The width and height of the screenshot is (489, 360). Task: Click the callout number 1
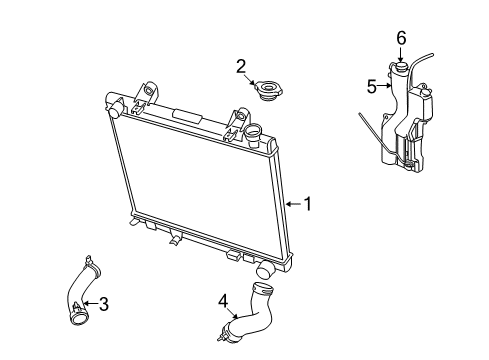click(x=308, y=204)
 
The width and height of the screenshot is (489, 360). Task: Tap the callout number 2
click(x=240, y=67)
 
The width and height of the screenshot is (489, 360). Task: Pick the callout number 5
click(x=371, y=87)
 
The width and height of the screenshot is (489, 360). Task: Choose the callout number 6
click(x=401, y=38)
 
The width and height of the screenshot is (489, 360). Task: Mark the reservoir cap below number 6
click(x=401, y=68)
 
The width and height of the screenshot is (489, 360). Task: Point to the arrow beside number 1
click(x=293, y=204)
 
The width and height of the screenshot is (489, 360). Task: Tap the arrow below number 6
click(x=401, y=54)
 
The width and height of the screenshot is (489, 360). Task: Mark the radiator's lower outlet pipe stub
click(x=265, y=271)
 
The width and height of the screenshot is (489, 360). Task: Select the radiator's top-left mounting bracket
click(x=148, y=92)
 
